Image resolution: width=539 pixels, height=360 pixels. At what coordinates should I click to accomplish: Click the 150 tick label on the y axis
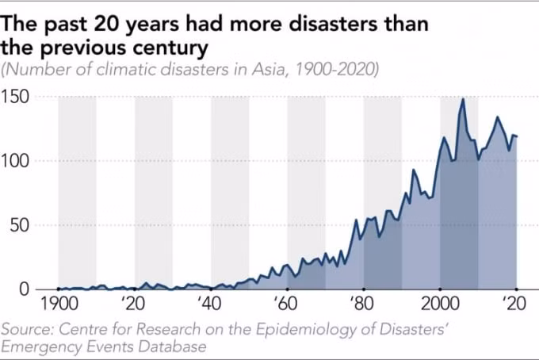(x=15, y=97)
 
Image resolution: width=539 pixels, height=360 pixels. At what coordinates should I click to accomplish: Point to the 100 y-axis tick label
(x=15, y=161)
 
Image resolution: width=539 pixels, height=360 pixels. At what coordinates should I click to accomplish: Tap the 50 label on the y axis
(x=19, y=225)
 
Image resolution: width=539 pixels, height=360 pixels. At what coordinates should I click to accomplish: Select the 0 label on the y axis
(x=25, y=289)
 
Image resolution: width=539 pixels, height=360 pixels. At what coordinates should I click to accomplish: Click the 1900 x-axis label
(x=59, y=304)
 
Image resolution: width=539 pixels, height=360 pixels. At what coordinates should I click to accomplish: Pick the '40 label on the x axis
(x=209, y=304)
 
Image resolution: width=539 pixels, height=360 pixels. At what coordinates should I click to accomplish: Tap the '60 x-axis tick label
(x=285, y=304)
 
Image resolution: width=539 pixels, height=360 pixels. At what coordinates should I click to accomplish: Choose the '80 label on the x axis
(x=362, y=304)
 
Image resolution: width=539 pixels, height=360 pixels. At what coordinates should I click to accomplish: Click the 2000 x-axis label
(x=441, y=304)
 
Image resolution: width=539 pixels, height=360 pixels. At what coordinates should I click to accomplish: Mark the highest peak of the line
(x=463, y=99)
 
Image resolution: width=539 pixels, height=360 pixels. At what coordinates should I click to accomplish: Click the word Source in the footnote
(x=27, y=329)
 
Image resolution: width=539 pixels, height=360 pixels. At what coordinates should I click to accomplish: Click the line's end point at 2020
(x=516, y=136)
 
